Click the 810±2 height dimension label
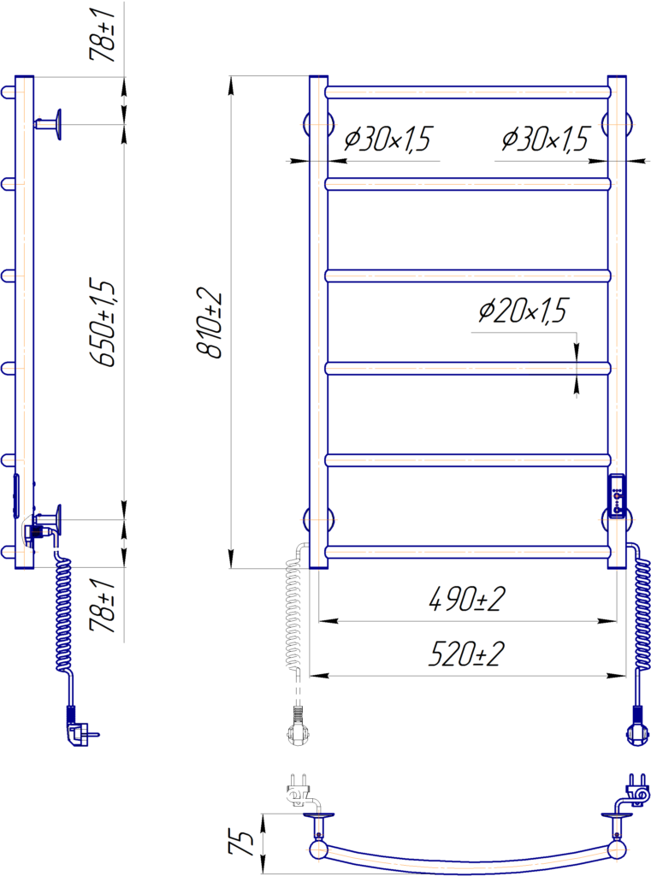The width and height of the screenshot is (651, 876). pos(210,324)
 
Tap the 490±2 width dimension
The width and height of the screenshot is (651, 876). pos(467,599)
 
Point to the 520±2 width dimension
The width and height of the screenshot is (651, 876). pos(467,655)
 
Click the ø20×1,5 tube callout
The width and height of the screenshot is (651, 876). pos(524,311)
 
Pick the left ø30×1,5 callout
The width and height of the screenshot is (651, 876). pos(389,139)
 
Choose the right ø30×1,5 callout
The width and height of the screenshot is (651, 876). pos(546,139)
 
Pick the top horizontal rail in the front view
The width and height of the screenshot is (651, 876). pos(468,92)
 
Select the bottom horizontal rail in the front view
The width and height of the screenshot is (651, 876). pos(468,552)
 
